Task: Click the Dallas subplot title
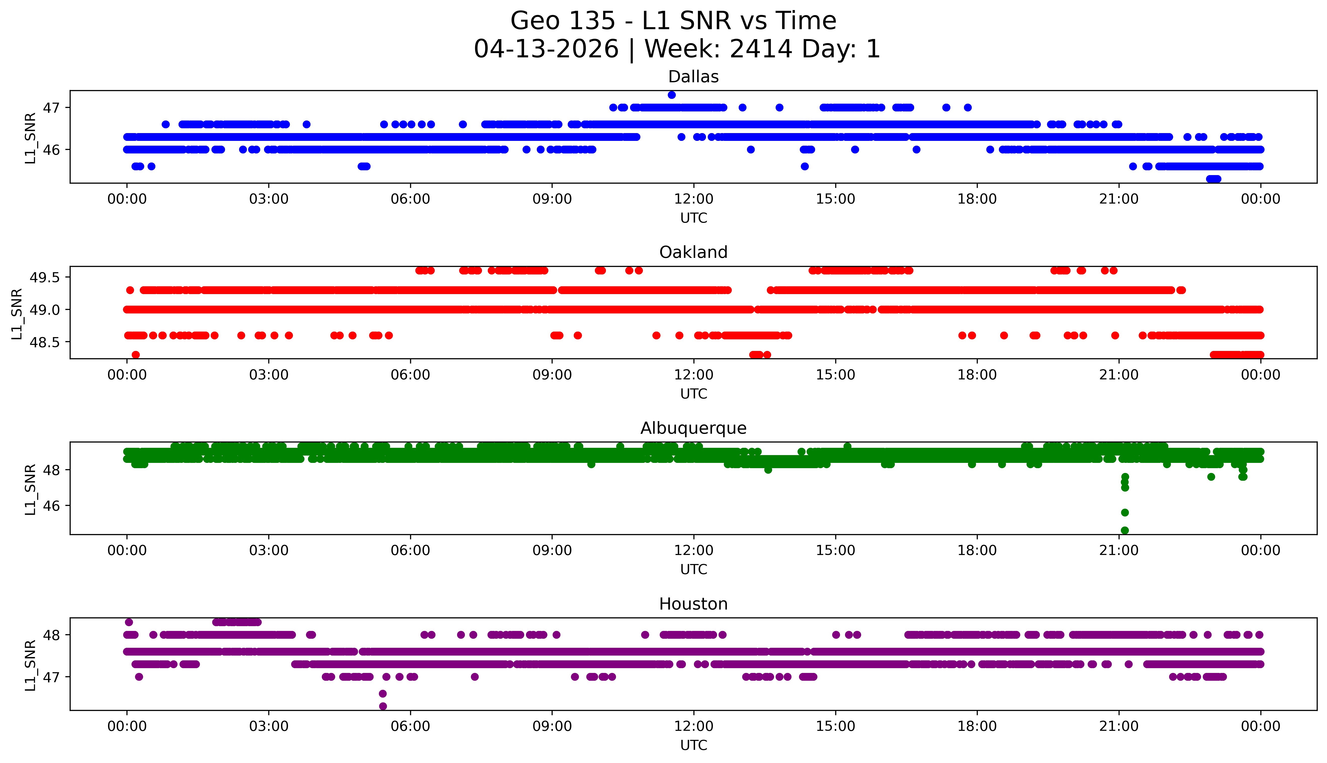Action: point(693,77)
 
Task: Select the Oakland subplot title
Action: point(693,253)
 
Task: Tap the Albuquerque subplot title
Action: point(693,428)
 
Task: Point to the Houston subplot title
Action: point(693,604)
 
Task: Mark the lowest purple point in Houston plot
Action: point(383,706)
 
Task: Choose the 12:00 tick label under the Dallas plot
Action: point(693,199)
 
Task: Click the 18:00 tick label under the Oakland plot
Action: point(977,375)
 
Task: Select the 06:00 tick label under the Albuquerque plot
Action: point(410,550)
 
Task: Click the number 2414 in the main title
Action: point(761,49)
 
